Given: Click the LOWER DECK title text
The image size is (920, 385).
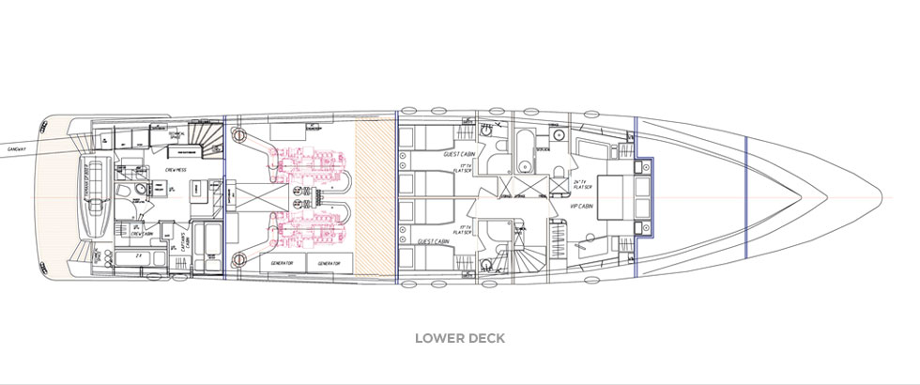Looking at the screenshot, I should (x=460, y=338).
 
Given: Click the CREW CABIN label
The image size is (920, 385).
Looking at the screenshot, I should (x=142, y=235).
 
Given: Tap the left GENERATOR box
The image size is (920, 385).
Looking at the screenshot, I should (x=284, y=264).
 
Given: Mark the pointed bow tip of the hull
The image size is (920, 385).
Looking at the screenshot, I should (x=881, y=198).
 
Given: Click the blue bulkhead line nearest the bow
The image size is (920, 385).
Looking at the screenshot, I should (x=745, y=198).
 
